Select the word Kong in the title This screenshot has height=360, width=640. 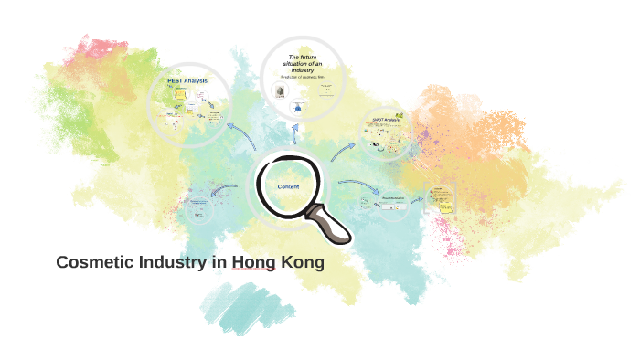click(302, 262)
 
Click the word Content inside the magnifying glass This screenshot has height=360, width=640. click(289, 186)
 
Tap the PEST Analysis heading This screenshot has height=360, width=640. click(187, 81)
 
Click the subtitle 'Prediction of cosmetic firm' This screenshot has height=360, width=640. click(302, 78)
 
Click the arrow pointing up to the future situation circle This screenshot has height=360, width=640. click(294, 137)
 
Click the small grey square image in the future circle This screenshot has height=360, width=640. click(279, 92)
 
